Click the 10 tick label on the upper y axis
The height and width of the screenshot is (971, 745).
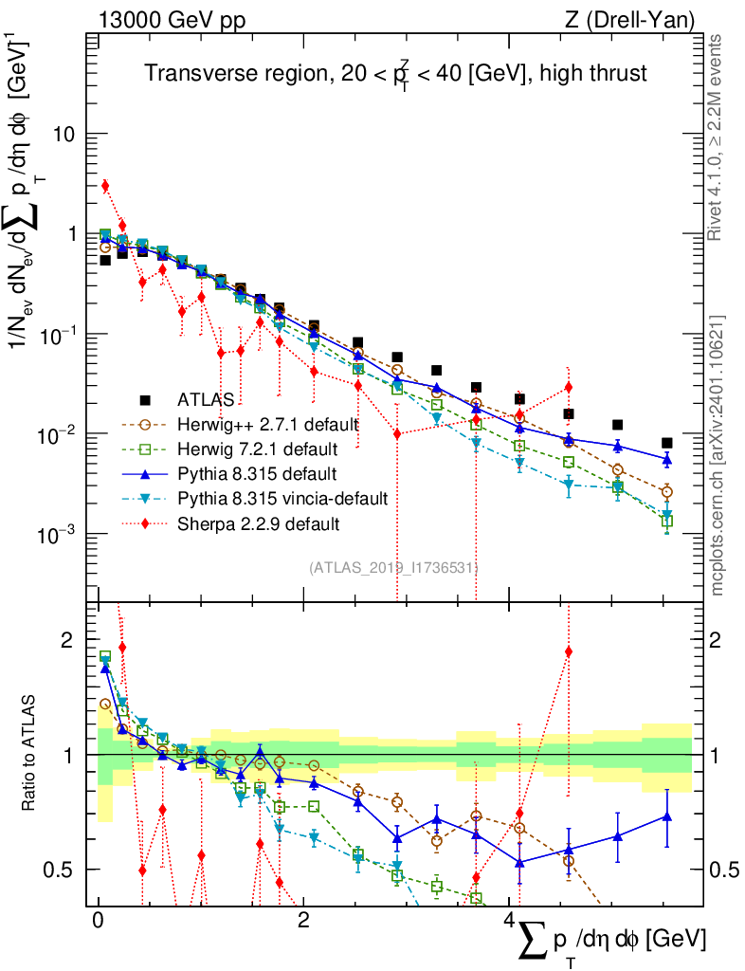coord(64,134)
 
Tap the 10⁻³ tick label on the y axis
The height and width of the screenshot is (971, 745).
coord(54,534)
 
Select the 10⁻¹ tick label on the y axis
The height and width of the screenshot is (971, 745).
coord(54,334)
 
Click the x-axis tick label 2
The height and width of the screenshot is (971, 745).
coord(303,921)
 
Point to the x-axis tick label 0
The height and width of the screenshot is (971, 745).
coord(98,921)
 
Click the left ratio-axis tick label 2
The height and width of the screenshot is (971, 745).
coord(66,640)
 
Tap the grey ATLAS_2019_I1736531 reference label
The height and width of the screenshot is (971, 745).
coord(391,568)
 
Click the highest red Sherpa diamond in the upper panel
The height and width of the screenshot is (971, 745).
coord(105,186)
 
